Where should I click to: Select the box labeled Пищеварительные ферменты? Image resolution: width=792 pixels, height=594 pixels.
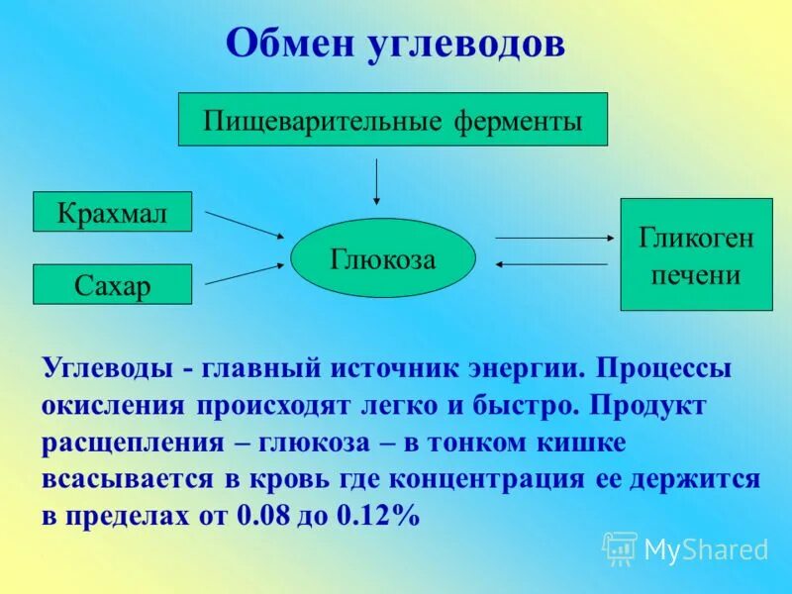392,120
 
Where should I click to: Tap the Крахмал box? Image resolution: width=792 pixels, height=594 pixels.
112,212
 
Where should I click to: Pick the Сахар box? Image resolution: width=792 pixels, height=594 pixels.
112,284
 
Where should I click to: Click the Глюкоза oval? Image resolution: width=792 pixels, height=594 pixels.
382,258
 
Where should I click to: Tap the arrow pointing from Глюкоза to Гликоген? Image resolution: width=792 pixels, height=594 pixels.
552,238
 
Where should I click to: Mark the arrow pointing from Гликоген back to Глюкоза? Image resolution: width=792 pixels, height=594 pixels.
552,264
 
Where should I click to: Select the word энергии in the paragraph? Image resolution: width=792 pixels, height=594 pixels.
526,368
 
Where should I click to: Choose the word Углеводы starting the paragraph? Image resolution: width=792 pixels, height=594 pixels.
107,368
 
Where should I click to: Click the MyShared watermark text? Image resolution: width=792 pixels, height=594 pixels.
706,550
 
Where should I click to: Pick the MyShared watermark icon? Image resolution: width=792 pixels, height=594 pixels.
621,547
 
